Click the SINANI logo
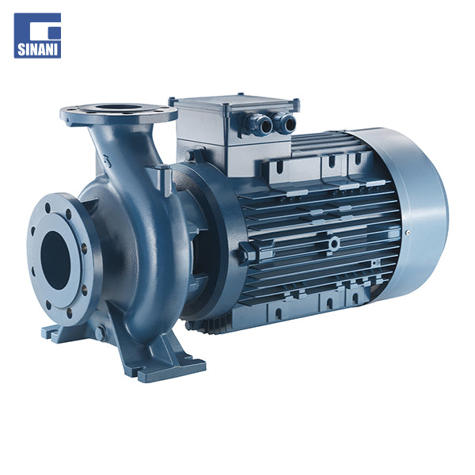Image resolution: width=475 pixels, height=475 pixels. coord(37,36)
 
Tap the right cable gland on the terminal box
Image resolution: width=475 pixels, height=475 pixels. coord(285,123)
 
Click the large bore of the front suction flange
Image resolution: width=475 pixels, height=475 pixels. coord(55,260)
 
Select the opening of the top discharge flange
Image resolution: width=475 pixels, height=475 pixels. coord(119,108)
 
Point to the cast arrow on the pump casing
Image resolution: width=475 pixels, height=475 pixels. coord(107,161)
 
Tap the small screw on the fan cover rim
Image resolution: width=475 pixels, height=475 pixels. coord(408,233)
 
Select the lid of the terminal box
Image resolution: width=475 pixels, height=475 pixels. coord(234,104)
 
